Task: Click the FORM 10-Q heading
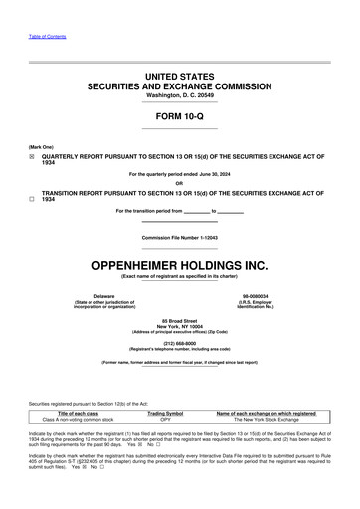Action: click(x=179, y=115)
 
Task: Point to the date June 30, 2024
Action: click(x=217, y=174)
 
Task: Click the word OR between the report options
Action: click(x=179, y=182)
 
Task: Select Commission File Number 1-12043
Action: click(x=179, y=238)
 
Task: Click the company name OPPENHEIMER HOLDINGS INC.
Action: click(x=179, y=265)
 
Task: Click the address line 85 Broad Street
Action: click(x=179, y=319)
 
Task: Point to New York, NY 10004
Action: click(x=179, y=325)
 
